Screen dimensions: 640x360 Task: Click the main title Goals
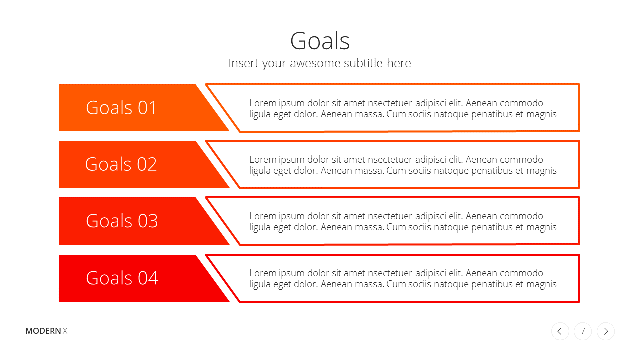pyautogui.click(x=320, y=41)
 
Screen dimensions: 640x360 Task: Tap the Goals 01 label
pyautogui.click(x=121, y=108)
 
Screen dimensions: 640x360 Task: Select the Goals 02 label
pyautogui.click(x=121, y=164)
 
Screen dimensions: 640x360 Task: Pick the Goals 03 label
pyautogui.click(x=122, y=221)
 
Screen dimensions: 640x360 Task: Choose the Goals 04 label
pyautogui.click(x=122, y=278)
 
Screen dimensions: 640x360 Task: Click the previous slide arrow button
pyautogui.click(x=560, y=331)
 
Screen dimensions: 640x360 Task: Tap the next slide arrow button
pyautogui.click(x=606, y=331)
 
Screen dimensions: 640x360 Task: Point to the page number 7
pyautogui.click(x=583, y=331)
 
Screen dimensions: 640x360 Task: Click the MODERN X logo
pyautogui.click(x=46, y=331)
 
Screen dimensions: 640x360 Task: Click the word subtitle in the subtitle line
pyautogui.click(x=363, y=63)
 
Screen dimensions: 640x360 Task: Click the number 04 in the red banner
pyautogui.click(x=148, y=278)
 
